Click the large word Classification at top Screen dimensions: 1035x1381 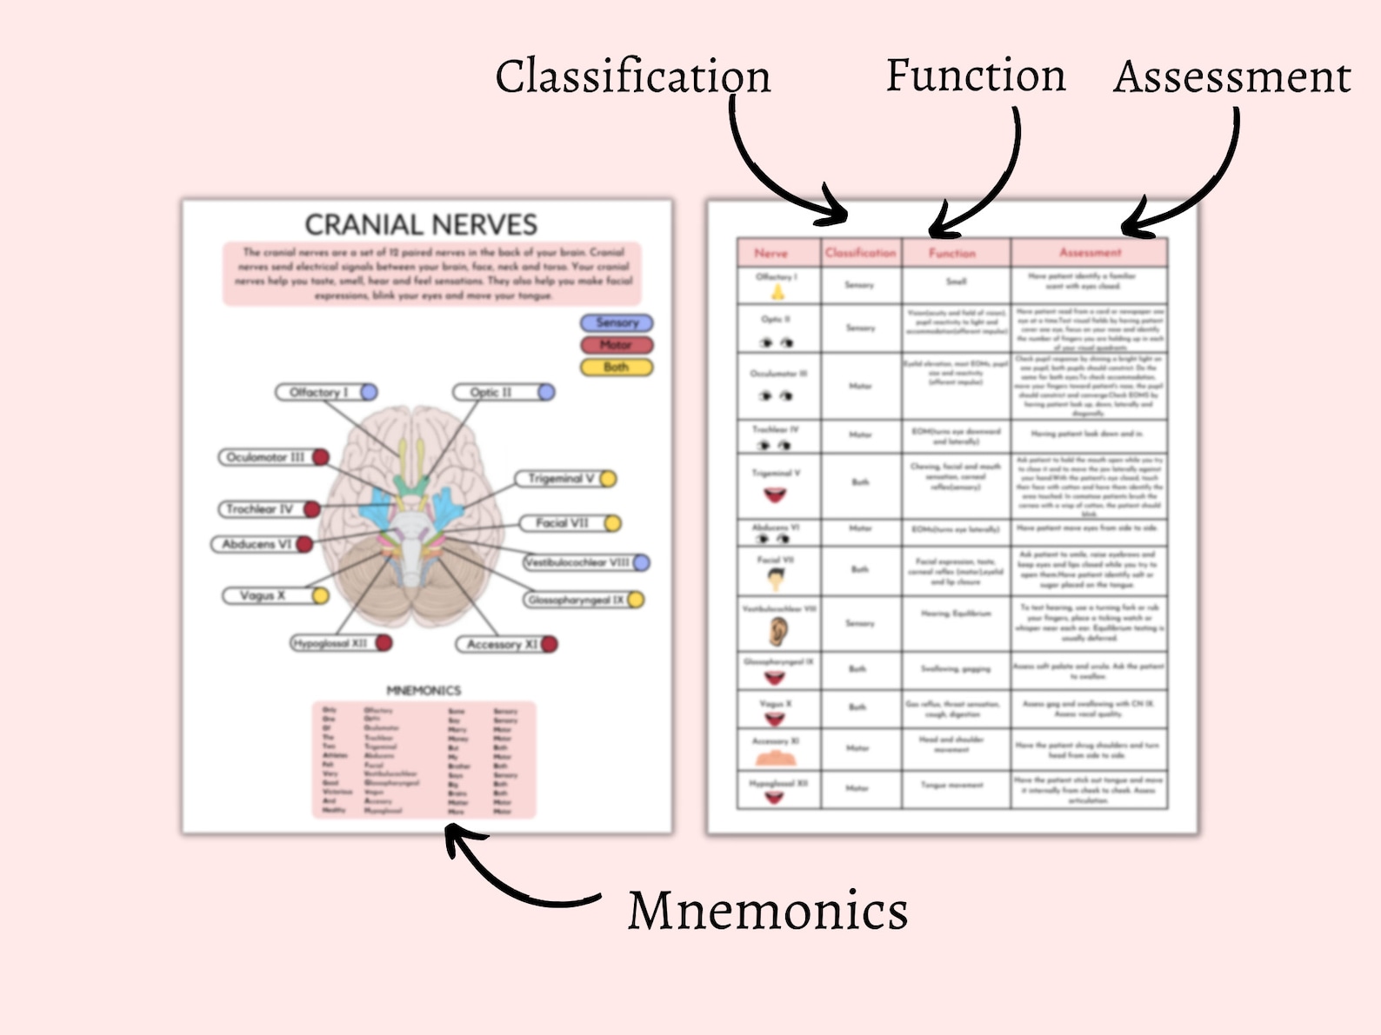pos(632,76)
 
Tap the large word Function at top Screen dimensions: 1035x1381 pos(975,76)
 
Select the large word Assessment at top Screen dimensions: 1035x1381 pos(1231,77)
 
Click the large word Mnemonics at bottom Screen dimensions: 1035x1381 pos(767,911)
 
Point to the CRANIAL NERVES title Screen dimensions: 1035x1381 pos(421,225)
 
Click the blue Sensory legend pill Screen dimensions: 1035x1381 pos(617,322)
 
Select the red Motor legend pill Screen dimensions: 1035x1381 pos(617,345)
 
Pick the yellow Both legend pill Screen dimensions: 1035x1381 pos(617,368)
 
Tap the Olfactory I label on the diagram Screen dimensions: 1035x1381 pos(318,393)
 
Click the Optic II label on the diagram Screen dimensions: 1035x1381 pos(492,393)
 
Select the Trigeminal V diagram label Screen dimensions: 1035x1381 pos(561,479)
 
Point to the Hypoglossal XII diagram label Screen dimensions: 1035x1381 pos(330,643)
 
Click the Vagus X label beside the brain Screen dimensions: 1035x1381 pos(263,595)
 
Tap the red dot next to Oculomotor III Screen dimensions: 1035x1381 pos(320,457)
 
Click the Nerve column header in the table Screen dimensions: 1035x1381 pos(771,253)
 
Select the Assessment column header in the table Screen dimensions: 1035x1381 pos(1090,252)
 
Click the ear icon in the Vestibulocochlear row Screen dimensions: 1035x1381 pos(777,632)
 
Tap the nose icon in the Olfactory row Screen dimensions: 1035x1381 pos(777,292)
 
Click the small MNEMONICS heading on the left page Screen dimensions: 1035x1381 pos(424,690)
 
